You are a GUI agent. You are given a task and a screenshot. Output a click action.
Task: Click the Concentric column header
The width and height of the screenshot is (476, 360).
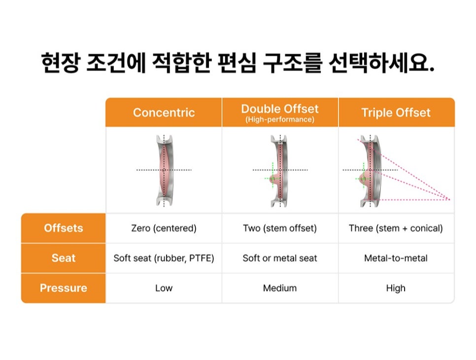[164, 113]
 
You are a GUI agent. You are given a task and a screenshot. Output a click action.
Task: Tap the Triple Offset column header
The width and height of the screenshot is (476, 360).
[396, 113]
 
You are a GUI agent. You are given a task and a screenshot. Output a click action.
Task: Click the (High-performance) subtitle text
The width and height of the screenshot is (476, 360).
[279, 119]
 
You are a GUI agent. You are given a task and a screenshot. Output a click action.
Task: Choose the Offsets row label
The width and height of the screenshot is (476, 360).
[64, 228]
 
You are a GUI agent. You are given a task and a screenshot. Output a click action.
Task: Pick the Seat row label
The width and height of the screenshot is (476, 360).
[64, 258]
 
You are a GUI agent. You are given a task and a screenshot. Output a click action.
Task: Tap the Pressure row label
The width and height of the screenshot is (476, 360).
[64, 288]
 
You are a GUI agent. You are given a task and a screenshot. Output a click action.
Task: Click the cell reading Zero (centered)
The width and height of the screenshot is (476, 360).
[164, 228]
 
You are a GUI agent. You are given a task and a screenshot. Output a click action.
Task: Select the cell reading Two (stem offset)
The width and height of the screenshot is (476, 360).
[279, 228]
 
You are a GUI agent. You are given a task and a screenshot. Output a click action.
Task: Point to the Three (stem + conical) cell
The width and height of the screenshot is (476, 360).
[396, 228]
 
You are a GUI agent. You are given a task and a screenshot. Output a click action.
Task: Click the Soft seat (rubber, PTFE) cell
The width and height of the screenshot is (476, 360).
[164, 258]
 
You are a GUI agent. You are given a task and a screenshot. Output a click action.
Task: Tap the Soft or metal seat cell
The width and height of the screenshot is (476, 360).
[279, 258]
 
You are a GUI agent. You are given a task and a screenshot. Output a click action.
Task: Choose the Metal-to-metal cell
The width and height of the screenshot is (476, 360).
[396, 258]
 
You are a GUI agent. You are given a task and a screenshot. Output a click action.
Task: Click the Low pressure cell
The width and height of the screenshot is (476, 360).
[164, 288]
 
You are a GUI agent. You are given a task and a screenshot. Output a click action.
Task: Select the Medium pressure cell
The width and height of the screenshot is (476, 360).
[279, 288]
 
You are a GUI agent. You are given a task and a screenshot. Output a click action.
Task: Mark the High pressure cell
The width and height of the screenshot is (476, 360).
[396, 288]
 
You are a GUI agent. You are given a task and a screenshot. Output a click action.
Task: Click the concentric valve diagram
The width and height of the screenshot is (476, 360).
[164, 170]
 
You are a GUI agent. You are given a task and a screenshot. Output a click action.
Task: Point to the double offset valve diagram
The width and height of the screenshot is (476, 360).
[279, 171]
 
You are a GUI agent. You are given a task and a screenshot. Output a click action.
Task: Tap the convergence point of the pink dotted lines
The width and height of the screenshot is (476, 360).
[449, 199]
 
